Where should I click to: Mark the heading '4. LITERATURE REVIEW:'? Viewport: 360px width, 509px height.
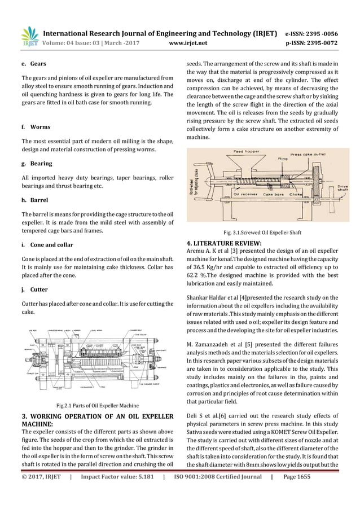(x=224, y=244)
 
